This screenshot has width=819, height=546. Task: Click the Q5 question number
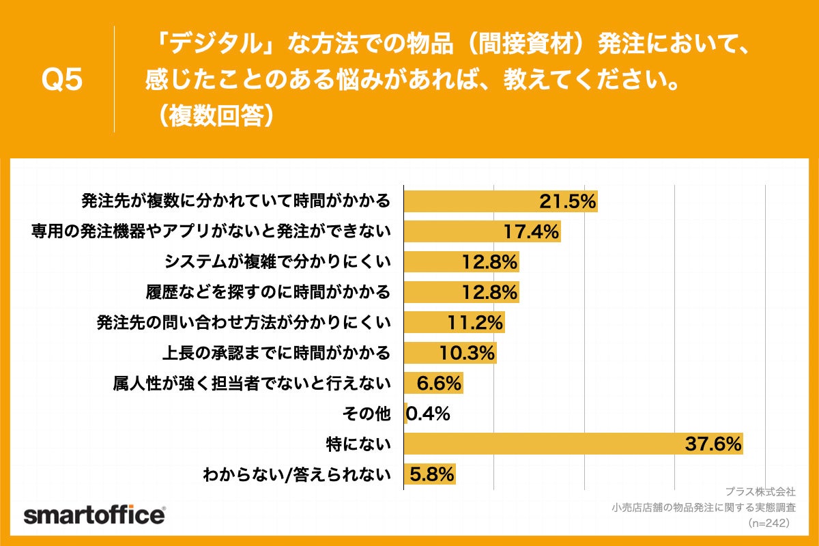point(62,80)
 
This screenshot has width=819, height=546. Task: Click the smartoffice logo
point(94,515)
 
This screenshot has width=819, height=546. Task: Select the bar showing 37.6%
point(573,444)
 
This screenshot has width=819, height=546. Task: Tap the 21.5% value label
point(568,201)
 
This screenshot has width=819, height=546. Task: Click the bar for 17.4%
point(483,231)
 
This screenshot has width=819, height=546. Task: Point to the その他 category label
point(369,414)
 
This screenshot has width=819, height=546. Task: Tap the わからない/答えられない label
point(297,474)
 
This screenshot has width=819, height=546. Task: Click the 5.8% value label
point(431,474)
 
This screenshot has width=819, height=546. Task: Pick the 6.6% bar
point(434,383)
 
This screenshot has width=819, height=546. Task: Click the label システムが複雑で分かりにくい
point(278,261)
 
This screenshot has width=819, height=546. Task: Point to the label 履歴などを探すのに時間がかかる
point(268,292)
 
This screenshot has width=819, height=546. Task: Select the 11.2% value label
point(476,322)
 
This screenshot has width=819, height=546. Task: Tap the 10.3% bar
point(450,353)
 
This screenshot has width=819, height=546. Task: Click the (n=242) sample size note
point(768,523)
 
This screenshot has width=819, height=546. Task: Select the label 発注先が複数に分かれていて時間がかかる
point(235,201)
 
